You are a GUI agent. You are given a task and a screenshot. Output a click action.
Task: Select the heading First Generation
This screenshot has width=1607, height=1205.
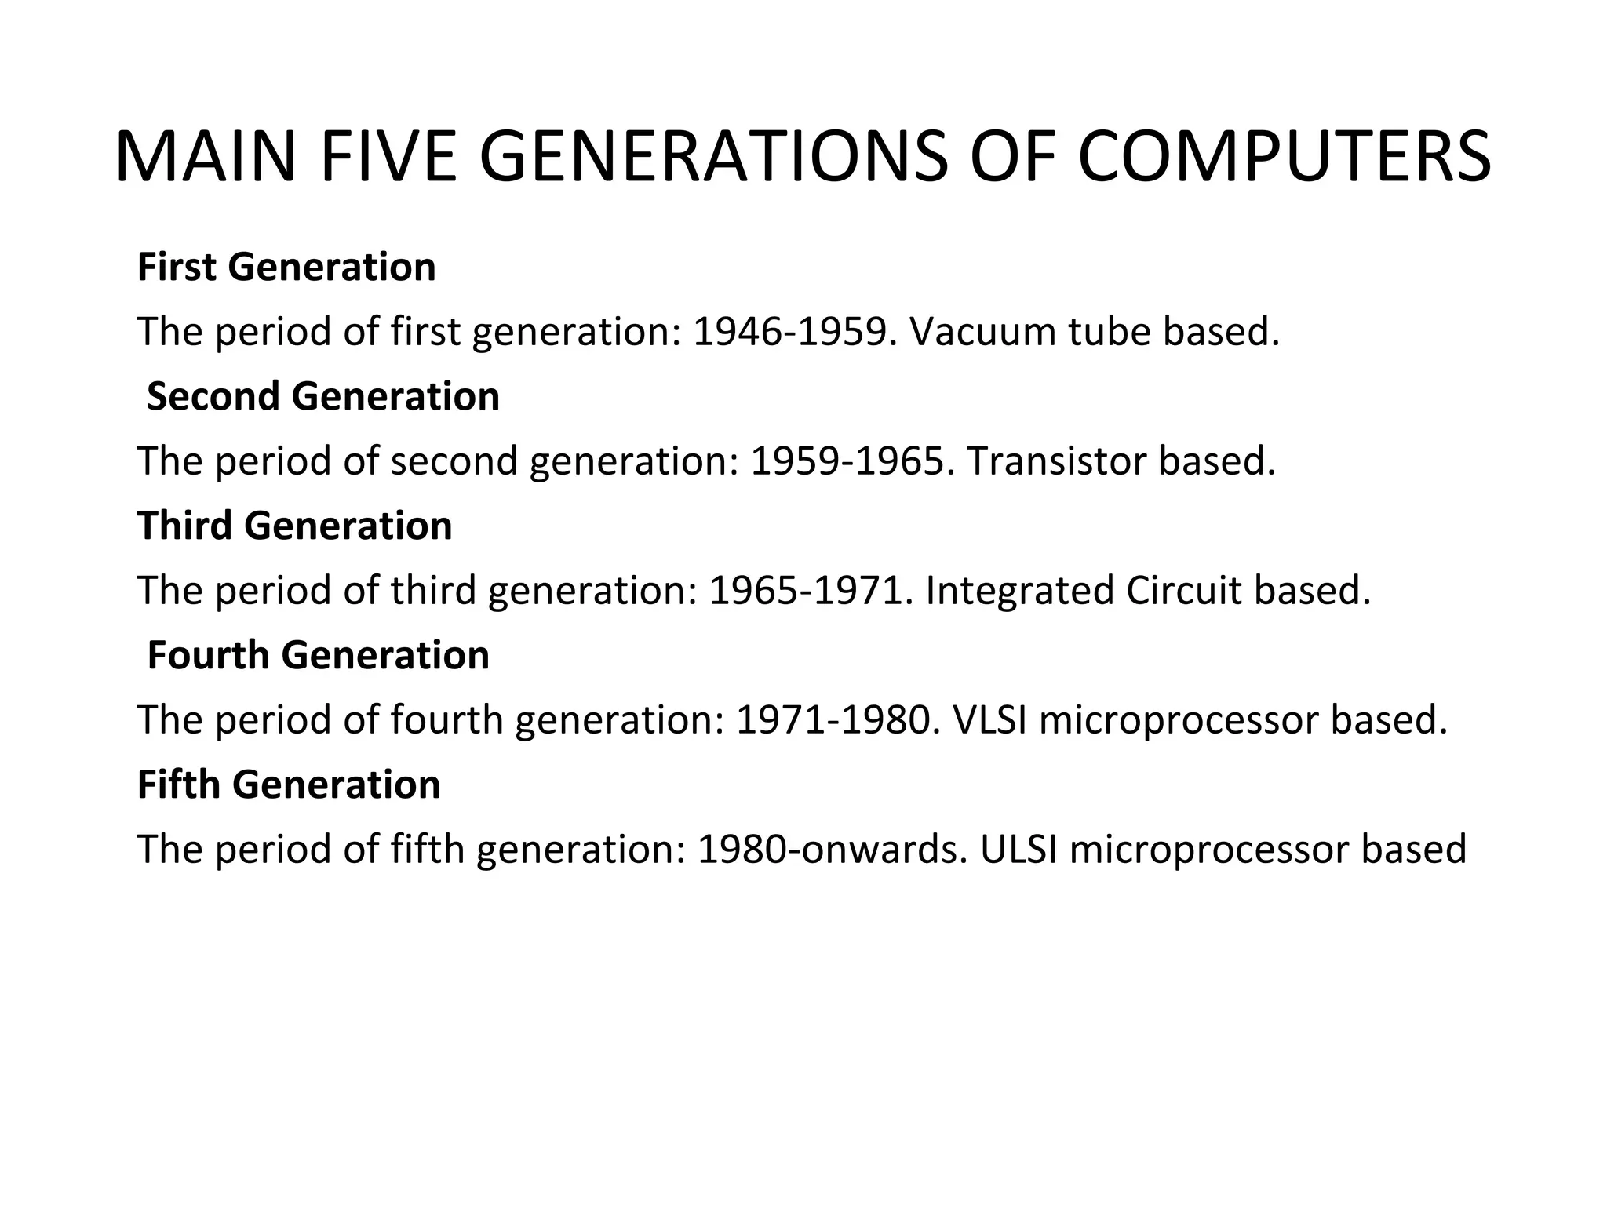[286, 267]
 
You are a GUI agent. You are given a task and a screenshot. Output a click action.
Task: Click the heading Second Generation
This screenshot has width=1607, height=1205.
[322, 396]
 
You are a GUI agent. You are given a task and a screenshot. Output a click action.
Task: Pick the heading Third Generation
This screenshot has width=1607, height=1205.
[295, 526]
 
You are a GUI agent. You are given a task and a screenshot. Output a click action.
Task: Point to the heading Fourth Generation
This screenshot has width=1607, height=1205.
[318, 655]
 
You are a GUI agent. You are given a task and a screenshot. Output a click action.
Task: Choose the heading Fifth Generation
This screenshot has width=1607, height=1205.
[289, 785]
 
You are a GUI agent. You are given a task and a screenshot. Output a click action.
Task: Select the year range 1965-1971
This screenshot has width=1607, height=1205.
[811, 591]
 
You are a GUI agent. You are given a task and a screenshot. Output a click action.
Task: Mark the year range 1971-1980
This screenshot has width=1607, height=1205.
[837, 719]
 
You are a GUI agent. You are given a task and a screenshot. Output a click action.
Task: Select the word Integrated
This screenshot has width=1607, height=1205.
[1019, 591]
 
